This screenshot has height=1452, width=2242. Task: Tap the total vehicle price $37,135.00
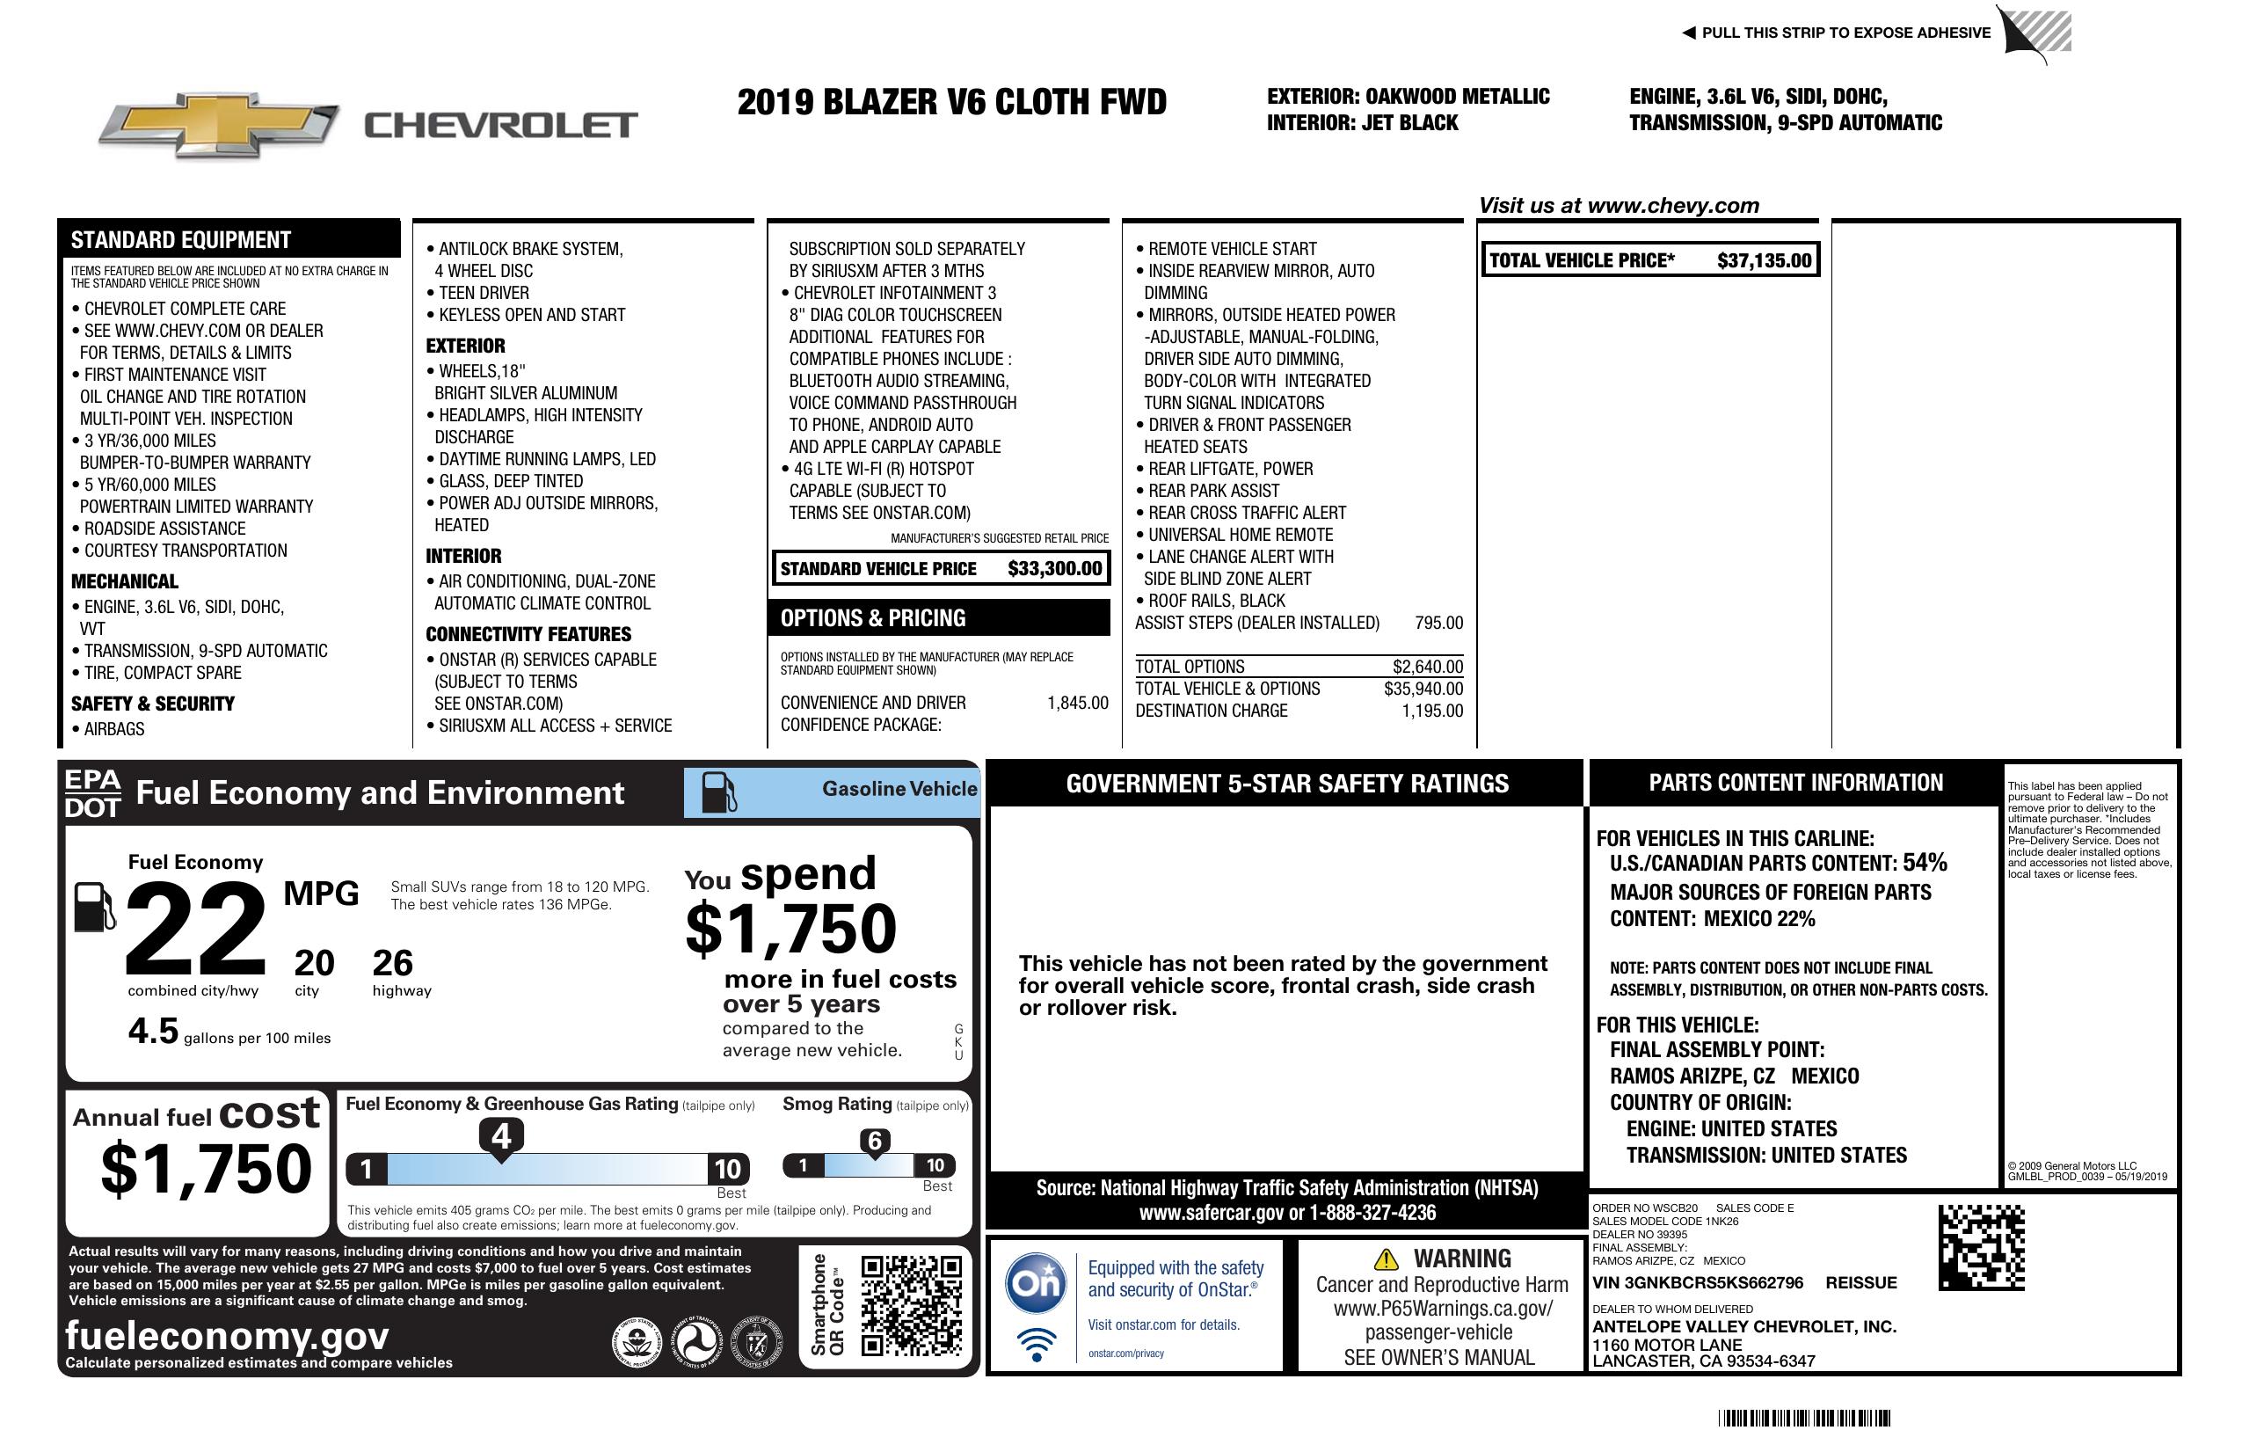click(x=1764, y=261)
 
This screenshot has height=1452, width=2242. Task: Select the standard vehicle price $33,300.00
click(x=1054, y=568)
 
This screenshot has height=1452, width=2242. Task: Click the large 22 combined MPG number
click(x=195, y=929)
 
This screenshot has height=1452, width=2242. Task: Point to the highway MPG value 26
click(x=393, y=963)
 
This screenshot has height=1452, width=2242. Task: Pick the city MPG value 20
click(x=314, y=963)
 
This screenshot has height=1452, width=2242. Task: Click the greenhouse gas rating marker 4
click(x=501, y=1136)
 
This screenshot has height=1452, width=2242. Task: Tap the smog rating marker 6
click(x=874, y=1141)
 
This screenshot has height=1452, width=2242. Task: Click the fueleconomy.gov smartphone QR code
click(x=911, y=1305)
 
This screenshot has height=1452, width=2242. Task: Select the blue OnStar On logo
click(x=1037, y=1282)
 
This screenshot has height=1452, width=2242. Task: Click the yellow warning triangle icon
click(x=1386, y=1259)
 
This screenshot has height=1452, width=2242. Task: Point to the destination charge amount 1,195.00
click(x=1432, y=711)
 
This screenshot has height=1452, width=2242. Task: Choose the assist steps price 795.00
click(x=1438, y=623)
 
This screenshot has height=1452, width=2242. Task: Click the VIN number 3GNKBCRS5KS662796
click(x=1698, y=1283)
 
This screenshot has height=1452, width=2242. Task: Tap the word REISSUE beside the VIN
click(x=1860, y=1283)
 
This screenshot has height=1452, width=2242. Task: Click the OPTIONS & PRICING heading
click(x=872, y=618)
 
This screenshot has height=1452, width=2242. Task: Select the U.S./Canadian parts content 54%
click(x=1925, y=863)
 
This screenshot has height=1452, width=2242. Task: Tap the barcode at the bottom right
click(x=1804, y=1418)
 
